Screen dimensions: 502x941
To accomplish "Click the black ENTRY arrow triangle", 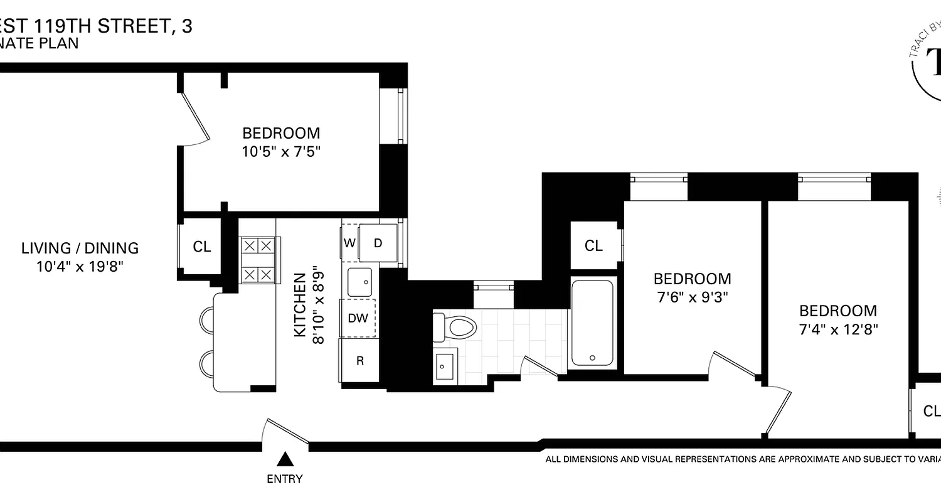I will pyautogui.click(x=285, y=460).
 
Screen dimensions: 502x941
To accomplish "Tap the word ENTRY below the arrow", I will pyautogui.click(x=285, y=479).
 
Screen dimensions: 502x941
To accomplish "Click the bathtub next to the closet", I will pyautogui.click(x=592, y=323).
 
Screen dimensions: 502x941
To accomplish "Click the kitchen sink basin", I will pyautogui.click(x=359, y=282).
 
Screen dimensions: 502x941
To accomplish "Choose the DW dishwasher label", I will pyautogui.click(x=358, y=318).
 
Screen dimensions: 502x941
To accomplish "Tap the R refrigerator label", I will pyautogui.click(x=360, y=361).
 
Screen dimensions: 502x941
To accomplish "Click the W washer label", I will pyautogui.click(x=349, y=243).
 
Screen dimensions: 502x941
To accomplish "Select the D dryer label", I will pyautogui.click(x=378, y=243).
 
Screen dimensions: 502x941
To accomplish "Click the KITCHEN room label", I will pyautogui.click(x=301, y=304).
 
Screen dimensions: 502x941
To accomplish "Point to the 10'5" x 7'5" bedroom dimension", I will pyautogui.click(x=281, y=152).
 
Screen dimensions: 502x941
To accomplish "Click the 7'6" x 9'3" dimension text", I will pyautogui.click(x=693, y=297).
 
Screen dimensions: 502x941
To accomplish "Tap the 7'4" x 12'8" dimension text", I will pyautogui.click(x=838, y=329).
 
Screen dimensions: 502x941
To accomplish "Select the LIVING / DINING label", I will pyautogui.click(x=80, y=248).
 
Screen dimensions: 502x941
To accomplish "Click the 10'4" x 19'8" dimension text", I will pyautogui.click(x=80, y=267).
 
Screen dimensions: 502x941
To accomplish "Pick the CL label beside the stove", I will pyautogui.click(x=201, y=247).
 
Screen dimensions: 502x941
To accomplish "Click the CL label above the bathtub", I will pyautogui.click(x=593, y=246).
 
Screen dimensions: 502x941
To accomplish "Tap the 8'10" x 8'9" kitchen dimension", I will pyautogui.click(x=319, y=304).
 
